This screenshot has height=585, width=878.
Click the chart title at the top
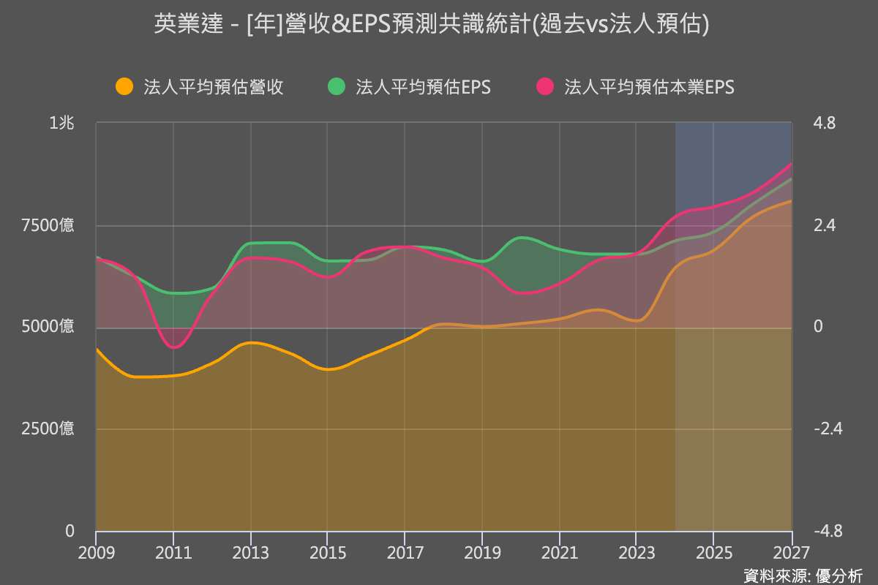(432, 25)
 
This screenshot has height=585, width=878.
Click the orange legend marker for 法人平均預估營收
(125, 87)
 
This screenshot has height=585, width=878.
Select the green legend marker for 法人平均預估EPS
(336, 87)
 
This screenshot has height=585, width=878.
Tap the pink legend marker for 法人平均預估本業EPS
(545, 87)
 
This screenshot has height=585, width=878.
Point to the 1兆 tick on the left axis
(61, 124)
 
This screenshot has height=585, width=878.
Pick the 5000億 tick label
(50, 327)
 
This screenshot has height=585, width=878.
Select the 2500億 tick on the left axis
(50, 429)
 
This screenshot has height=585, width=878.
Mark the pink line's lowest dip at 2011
(173, 348)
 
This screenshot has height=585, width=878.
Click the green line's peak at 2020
(521, 237)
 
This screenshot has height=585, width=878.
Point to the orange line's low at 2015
(328, 369)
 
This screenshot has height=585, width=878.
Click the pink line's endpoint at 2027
(792, 164)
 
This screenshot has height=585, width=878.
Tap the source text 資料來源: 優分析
(803, 575)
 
